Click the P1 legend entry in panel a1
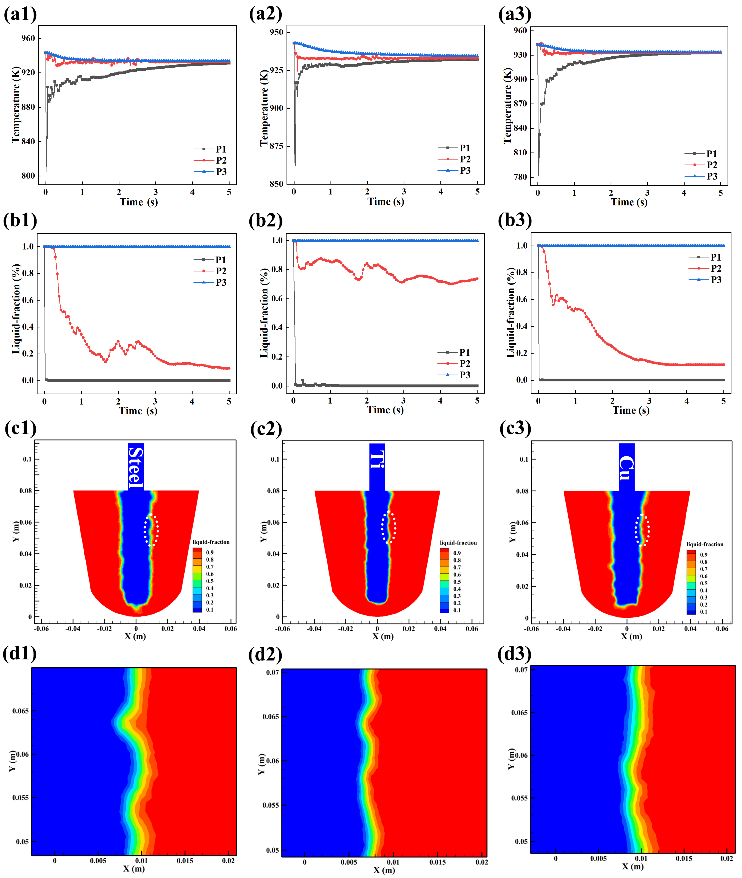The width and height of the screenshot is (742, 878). coord(210,149)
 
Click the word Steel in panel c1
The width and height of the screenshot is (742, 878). coord(136,466)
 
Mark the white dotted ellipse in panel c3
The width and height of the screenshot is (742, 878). coord(642,530)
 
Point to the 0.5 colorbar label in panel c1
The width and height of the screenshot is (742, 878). coord(210,581)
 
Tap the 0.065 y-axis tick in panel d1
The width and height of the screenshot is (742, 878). coord(20,711)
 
